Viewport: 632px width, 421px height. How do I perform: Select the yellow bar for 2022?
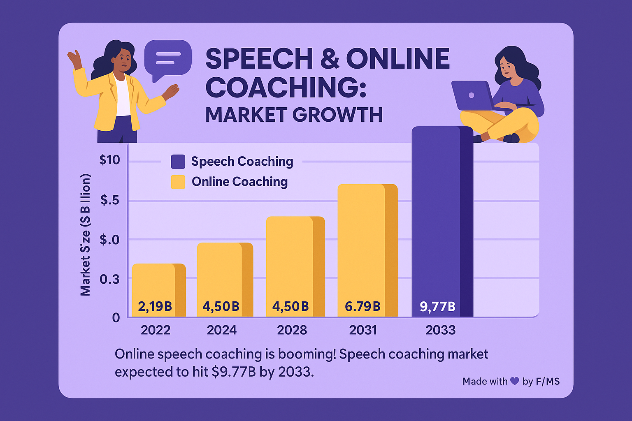(159, 284)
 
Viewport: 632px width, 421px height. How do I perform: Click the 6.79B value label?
(362, 306)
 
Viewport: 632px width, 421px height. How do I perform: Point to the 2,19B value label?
(155, 306)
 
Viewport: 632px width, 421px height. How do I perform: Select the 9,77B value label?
(437, 307)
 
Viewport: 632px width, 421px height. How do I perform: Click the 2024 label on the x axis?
(222, 330)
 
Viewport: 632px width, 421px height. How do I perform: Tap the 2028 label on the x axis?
(292, 330)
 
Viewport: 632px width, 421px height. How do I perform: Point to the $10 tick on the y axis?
(110, 160)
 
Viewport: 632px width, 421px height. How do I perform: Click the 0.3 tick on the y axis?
(109, 279)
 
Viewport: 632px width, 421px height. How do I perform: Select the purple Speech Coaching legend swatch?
(178, 162)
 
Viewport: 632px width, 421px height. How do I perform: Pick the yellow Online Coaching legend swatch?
(178, 182)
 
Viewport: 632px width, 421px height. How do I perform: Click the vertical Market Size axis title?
(85, 234)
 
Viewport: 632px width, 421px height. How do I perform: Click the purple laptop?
(472, 95)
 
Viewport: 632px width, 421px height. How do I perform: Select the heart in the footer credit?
(515, 381)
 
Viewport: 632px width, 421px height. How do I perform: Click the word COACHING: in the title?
(286, 87)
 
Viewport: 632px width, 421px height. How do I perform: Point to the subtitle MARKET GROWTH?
(294, 115)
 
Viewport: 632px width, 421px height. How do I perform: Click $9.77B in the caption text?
(233, 372)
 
